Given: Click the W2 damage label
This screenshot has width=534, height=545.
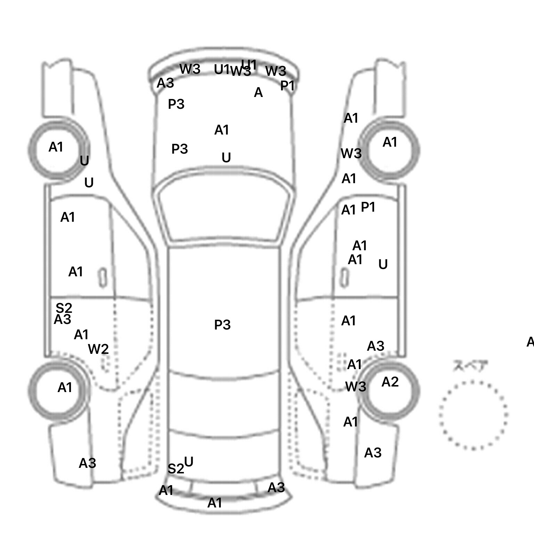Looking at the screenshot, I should pos(98,349).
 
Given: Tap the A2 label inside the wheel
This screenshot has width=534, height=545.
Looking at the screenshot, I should pos(390,382).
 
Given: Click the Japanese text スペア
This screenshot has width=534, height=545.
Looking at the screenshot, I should pos(470,366).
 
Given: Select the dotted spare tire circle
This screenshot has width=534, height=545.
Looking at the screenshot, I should pos(473,415).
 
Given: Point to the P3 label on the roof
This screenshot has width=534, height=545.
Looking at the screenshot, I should pos(222,325).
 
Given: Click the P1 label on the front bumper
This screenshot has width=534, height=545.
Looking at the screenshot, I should pos(288,86).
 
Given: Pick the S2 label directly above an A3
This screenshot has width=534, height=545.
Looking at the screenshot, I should pos(64,308).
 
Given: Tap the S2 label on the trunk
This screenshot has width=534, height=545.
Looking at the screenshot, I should pos(176,469).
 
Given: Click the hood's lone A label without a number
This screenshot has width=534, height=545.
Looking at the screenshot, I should pos(258,92).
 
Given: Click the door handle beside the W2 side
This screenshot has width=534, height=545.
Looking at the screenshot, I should pos(103,278).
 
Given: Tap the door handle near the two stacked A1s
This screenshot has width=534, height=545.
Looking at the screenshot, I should pos(344,278).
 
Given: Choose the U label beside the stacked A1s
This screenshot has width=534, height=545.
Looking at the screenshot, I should pos(383,265).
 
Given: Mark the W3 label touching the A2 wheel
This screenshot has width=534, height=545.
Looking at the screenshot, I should pos(356,387).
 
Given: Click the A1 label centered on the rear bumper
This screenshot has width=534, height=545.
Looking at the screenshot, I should pos(215,503).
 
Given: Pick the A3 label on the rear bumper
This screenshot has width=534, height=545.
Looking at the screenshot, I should pos(276,488).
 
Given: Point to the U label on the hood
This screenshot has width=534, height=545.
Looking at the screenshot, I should pos(226,158).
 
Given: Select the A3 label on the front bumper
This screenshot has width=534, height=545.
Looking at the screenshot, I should pos(165,83).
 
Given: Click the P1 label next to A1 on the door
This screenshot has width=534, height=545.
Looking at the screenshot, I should pos(368,207).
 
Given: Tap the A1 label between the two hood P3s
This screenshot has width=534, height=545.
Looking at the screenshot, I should pos(222,130).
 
